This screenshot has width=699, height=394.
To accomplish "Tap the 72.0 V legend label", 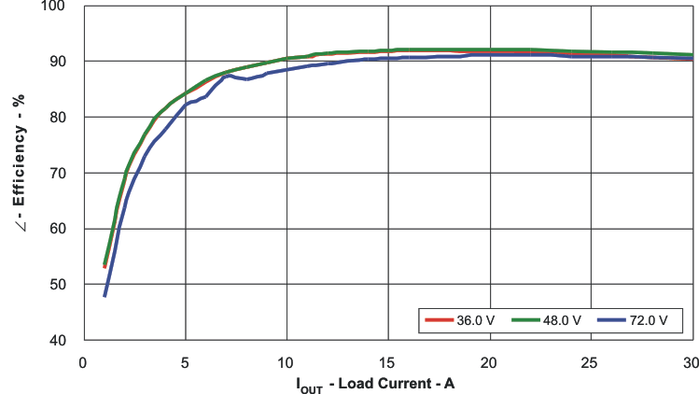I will [650, 320].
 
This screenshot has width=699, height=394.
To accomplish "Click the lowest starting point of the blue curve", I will [105, 295].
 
